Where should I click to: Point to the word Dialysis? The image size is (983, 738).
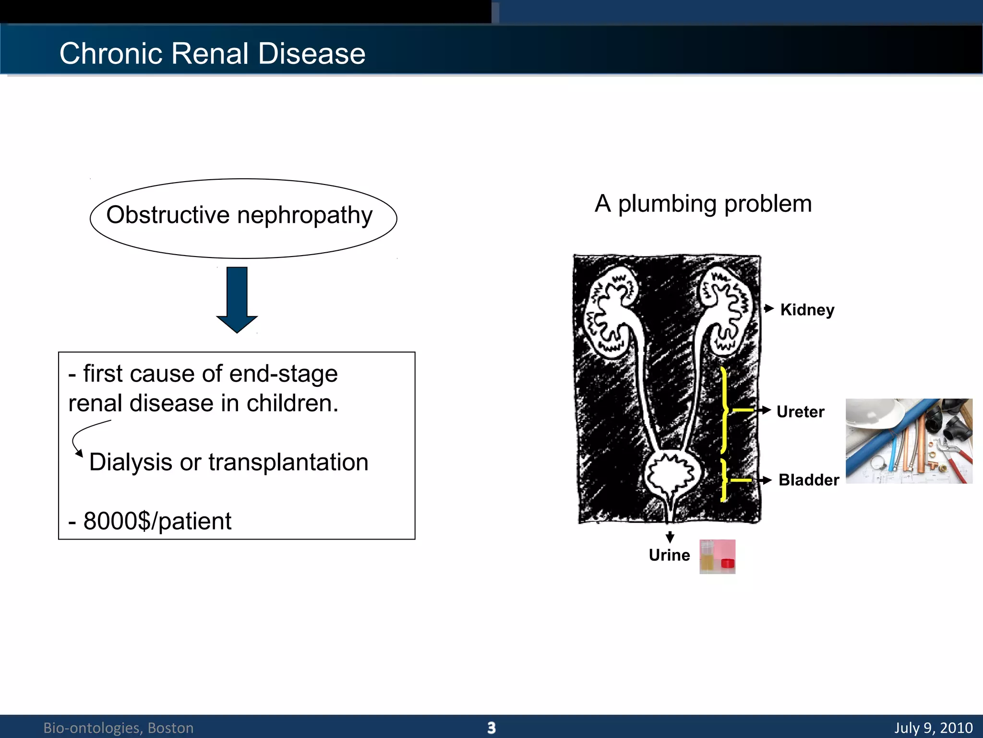[131, 462]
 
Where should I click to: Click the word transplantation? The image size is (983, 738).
[288, 462]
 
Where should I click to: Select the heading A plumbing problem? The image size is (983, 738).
[703, 204]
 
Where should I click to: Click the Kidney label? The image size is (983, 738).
[807, 310]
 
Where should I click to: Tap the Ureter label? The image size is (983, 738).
[800, 412]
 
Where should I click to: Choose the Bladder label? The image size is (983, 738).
[808, 480]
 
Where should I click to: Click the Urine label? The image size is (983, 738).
[669, 555]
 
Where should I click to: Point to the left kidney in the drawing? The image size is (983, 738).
[610, 312]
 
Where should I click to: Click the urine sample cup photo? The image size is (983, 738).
[717, 556]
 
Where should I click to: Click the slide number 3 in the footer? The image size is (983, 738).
[491, 727]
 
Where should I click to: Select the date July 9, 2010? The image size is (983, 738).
[933, 727]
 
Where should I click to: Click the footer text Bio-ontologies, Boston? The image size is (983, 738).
[119, 728]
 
